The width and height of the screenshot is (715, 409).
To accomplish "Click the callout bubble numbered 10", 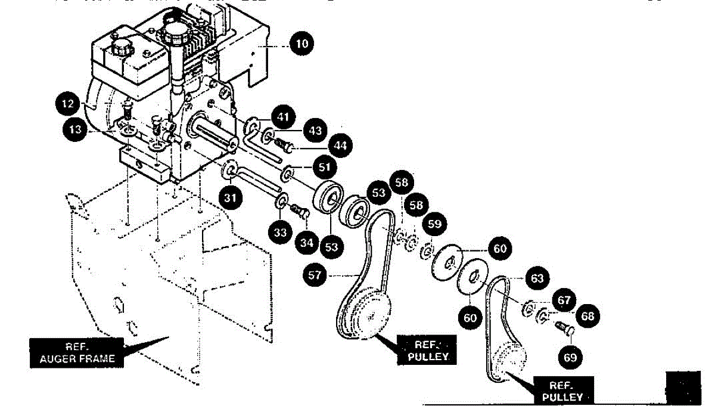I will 302,44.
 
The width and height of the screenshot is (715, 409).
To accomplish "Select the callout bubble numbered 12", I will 69,104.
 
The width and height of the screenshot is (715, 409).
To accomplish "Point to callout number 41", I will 283,116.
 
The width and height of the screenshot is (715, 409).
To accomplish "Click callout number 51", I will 324,168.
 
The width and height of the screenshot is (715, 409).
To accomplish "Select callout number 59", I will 435,224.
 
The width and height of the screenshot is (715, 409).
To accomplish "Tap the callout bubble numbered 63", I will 537,278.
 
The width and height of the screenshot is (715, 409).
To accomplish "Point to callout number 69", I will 570,357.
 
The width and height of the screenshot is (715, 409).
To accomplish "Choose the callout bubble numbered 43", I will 315,129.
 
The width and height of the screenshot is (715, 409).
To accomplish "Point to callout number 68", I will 588,316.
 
